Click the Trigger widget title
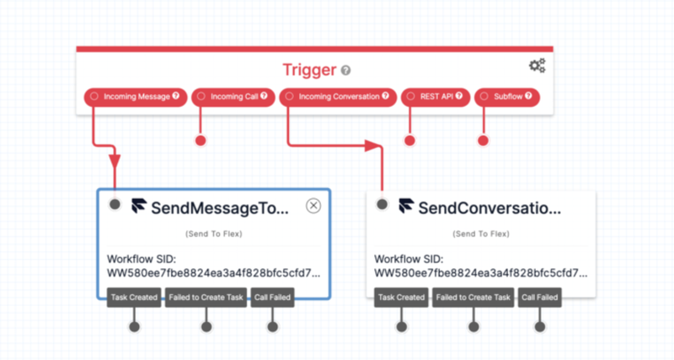coord(309,70)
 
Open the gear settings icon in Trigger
coord(538,66)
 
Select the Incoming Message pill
coord(136,97)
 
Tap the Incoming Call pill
coord(233,97)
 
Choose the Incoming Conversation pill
coord(338,97)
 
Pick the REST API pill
coord(436,97)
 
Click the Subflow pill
coord(507,97)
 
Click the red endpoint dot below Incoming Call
coord(201,141)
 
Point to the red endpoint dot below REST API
coord(409,141)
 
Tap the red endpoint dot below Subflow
coord(483,141)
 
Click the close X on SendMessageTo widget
coord(313,206)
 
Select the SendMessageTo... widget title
coord(220,208)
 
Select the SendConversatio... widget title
coord(489,208)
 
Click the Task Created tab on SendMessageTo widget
coord(134,298)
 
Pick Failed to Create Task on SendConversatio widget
coord(473,298)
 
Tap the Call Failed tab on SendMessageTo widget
coord(272,298)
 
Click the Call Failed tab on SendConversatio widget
coord(540,298)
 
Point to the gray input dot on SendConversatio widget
coord(382,204)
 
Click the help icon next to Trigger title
coord(345,70)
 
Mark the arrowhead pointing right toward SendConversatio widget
coord(373,145)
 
